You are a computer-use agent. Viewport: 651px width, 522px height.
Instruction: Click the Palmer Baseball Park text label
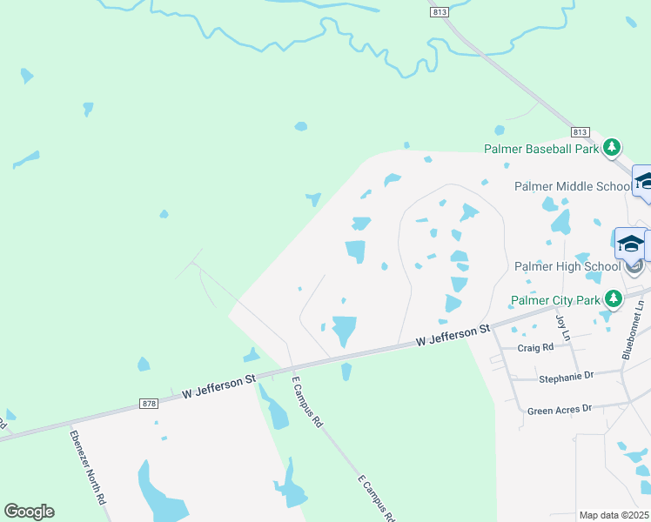coord(542,149)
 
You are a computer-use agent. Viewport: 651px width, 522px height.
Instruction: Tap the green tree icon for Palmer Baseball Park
coord(613,146)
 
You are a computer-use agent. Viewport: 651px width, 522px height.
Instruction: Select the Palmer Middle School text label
coord(573,186)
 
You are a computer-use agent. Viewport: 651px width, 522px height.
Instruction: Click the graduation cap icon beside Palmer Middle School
coord(644,181)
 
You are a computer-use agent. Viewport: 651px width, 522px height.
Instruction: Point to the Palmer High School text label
coord(566,266)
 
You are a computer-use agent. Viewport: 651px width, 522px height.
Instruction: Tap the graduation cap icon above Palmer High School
coord(630,243)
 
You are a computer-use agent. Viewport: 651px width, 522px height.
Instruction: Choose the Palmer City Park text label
coord(558,301)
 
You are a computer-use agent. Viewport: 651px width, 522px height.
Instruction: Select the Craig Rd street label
coord(535,347)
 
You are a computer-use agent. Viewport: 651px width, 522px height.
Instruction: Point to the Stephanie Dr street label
coord(566,376)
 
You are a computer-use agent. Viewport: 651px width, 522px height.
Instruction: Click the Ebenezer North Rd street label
coord(88,467)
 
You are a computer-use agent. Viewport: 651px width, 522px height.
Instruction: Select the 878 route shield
coord(149,403)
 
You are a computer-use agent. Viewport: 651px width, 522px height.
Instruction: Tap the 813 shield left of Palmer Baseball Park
coord(581,131)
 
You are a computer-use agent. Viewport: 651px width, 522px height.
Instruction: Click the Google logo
coord(29,512)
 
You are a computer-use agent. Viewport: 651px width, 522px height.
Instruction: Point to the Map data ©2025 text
coord(614,515)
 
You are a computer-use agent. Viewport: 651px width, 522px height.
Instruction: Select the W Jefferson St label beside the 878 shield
coord(218,388)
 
